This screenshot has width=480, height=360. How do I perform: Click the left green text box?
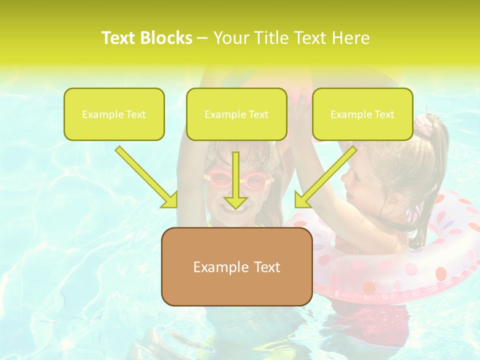click(x=114, y=114)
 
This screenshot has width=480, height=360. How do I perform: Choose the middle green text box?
click(x=236, y=114)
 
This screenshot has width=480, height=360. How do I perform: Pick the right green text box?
click(x=362, y=114)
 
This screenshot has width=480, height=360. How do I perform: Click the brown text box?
click(x=236, y=266)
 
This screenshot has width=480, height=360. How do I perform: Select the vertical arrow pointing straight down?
click(x=235, y=180)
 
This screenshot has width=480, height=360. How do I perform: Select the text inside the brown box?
click(x=236, y=267)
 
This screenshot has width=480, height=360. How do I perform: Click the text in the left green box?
click(x=114, y=114)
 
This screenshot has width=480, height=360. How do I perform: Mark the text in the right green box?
click(x=362, y=114)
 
